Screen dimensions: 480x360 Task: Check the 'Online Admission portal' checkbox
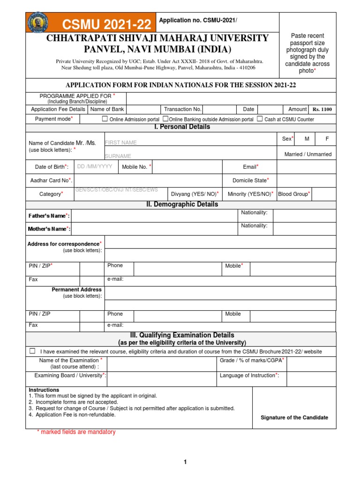point(105,119)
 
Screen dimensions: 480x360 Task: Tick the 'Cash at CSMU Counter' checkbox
point(260,119)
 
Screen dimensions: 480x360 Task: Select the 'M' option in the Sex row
point(307,139)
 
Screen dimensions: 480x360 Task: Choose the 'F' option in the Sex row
point(327,139)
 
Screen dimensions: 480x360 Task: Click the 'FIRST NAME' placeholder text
point(121,142)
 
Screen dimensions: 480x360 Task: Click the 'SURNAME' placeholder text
point(118,156)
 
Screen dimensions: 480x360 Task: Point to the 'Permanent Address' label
point(76,290)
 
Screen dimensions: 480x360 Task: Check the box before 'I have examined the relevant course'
point(32,351)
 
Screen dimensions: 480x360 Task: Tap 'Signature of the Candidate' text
point(294,418)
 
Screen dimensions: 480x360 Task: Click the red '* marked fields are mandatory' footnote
point(76,432)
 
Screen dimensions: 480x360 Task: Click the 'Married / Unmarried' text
point(307,154)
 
